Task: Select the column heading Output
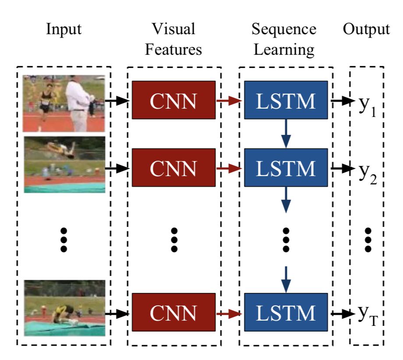tap(366, 30)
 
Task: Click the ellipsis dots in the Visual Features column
tap(174, 240)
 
